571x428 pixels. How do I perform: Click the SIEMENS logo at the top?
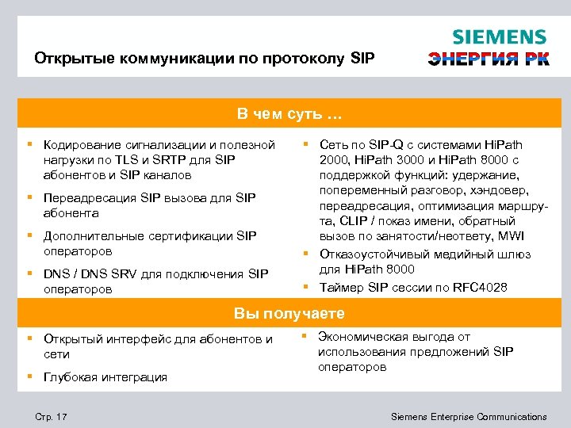[x=499, y=37]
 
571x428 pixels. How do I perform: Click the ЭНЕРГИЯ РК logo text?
[x=488, y=59]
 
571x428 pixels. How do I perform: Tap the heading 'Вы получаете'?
[x=289, y=314]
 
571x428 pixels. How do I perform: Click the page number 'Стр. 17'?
[x=52, y=416]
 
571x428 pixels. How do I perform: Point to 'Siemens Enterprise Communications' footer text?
[x=469, y=416]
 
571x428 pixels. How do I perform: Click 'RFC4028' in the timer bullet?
[x=481, y=287]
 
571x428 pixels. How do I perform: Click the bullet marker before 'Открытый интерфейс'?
[x=29, y=338]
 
